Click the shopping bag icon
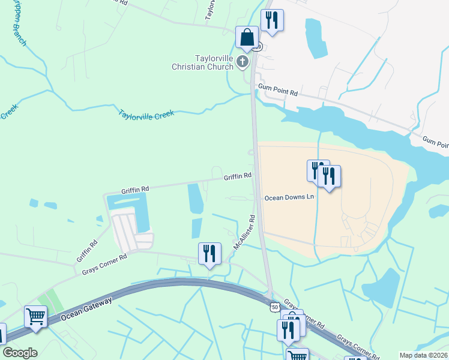[247, 38]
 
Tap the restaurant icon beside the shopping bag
[272, 20]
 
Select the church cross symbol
[243, 61]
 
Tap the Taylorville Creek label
[146, 113]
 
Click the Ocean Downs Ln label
[289, 197]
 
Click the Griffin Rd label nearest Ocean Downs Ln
[237, 176]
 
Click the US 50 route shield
[274, 307]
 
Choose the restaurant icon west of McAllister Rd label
[209, 253]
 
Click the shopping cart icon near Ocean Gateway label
[36, 316]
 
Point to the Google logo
[20, 353]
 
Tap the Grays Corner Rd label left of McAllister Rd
[105, 265]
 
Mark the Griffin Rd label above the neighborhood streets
[135, 188]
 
